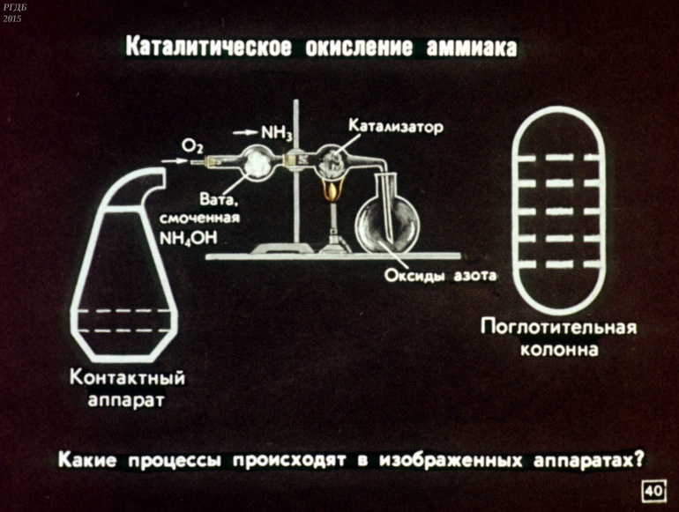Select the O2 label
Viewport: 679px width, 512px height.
pyautogui.click(x=191, y=145)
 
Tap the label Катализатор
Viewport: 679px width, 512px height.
pyautogui.click(x=397, y=126)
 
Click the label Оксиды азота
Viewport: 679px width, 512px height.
pyautogui.click(x=441, y=276)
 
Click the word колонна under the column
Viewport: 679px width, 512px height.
pyautogui.click(x=559, y=350)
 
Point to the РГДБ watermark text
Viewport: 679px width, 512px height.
pyautogui.click(x=15, y=8)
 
